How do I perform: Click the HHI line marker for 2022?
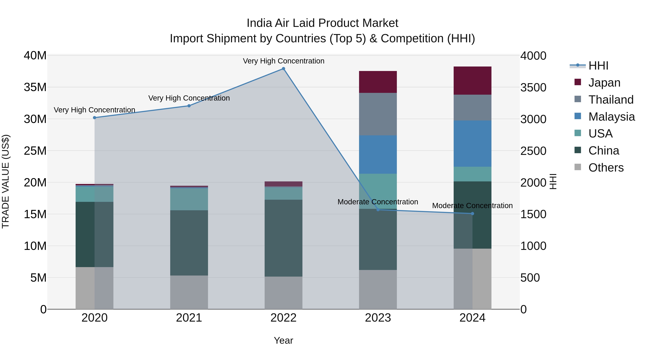(283, 69)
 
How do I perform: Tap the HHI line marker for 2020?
(94, 118)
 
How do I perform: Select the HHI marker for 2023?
(378, 210)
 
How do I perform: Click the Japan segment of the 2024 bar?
(472, 81)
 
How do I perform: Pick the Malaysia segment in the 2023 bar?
(378, 155)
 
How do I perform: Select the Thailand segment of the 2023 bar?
(378, 114)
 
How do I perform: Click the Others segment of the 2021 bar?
(189, 292)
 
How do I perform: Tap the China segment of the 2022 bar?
(283, 238)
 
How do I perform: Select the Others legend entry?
(606, 168)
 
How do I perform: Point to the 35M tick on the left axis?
(35, 87)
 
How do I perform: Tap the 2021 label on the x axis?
(189, 318)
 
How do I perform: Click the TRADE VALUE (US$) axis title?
(6, 181)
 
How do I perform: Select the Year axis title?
(283, 340)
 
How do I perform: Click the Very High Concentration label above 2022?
(283, 61)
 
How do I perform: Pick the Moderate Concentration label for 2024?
(472, 206)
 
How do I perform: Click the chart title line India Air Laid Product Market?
(322, 23)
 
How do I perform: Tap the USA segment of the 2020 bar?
(94, 194)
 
